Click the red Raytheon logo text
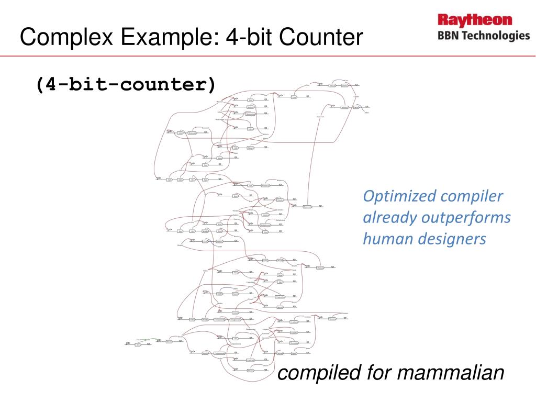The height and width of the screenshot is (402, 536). click(475, 21)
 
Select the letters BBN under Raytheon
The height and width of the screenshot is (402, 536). click(448, 36)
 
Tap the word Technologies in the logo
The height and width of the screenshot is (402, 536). click(495, 36)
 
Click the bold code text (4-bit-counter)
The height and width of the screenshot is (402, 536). click(126, 84)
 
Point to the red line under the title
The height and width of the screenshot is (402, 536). click(268, 55)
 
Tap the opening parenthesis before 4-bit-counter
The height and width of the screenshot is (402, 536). click(39, 84)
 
